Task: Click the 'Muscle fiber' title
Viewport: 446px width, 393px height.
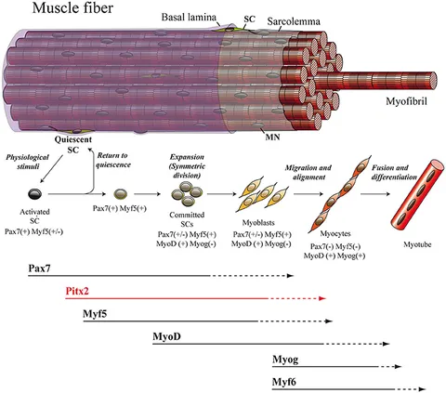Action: pos(72,7)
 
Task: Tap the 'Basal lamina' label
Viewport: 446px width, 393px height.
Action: pos(189,18)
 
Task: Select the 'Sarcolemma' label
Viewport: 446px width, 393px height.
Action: pos(294,21)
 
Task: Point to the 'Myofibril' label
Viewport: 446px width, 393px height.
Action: pos(406,101)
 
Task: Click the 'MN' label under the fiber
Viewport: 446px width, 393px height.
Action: pos(272,137)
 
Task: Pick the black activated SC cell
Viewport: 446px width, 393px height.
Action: pos(34,194)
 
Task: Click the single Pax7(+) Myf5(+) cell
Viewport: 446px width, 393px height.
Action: pos(121,194)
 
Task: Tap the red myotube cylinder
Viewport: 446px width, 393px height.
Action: pos(417,194)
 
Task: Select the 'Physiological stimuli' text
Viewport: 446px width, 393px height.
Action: pos(28,162)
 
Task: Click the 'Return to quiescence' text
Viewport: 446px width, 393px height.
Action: pos(113,160)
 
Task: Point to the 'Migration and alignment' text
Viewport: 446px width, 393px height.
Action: pos(308,173)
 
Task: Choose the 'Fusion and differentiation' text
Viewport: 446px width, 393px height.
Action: pos(394,173)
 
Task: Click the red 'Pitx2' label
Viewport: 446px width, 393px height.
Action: pos(77,291)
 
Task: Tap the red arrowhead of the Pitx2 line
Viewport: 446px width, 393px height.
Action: pos(322,298)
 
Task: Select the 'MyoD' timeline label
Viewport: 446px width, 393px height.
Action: pos(166,336)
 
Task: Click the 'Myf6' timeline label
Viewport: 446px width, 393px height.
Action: pos(284,382)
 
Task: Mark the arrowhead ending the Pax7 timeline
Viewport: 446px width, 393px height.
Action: pos(290,276)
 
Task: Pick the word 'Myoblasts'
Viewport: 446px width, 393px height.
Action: pos(258,223)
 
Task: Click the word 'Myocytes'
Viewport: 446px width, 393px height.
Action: pos(335,234)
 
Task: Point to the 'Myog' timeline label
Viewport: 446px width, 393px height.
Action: pos(285,360)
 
